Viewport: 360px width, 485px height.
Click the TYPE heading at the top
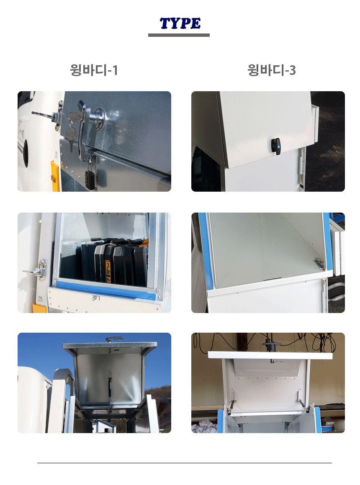pos(180,23)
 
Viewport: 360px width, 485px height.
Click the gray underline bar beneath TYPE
pos(179,35)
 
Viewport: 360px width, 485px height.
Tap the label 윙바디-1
pos(94,70)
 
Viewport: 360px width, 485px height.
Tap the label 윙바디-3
pos(272,70)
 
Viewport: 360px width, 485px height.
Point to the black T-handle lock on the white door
pos(276,146)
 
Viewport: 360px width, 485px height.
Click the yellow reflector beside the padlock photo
pos(55,176)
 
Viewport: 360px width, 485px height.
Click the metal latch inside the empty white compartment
pos(319,263)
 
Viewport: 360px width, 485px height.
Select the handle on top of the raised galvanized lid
pos(115,339)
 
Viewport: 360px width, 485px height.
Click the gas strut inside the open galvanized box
pos(110,392)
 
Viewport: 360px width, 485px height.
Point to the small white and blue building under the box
pos(104,426)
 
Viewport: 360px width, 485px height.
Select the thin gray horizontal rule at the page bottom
pos(185,463)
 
